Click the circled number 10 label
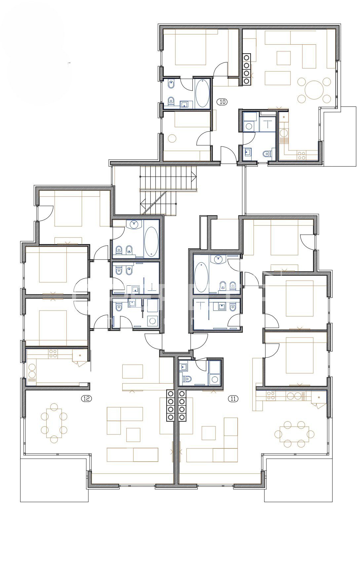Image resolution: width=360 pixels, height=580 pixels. click(222, 102)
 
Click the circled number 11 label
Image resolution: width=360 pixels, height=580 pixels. click(233, 398)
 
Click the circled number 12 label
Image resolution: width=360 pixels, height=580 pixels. click(86, 398)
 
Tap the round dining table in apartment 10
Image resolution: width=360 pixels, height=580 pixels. click(313, 90)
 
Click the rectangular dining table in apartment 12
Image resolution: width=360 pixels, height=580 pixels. click(54, 423)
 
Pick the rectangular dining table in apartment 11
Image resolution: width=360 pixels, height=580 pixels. click(294, 434)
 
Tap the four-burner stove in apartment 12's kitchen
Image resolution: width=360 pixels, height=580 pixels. click(53, 354)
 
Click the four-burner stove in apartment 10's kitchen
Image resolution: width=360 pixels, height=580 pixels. click(301, 155)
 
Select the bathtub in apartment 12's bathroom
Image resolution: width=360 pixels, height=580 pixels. click(152, 241)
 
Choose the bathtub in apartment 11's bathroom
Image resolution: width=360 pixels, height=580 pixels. click(201, 277)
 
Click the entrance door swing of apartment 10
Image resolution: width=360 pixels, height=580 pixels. click(229, 155)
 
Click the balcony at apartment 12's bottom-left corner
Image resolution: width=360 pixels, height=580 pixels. click(55, 479)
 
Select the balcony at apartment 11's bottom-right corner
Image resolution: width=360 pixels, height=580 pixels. click(298, 479)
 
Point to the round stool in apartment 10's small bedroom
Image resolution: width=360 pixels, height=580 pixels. click(172, 138)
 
